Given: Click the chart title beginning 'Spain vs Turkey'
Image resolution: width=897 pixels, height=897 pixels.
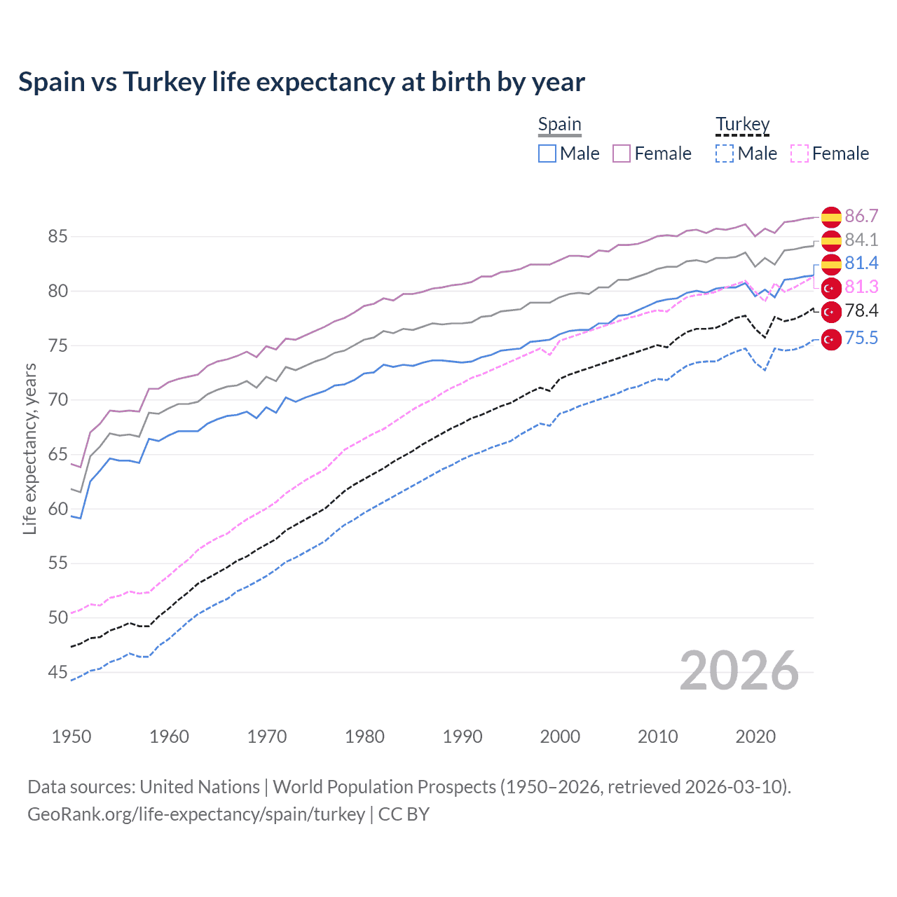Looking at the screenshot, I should pyautogui.click(x=301, y=82).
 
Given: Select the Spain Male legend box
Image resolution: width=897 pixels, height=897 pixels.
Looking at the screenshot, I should pyautogui.click(x=547, y=153).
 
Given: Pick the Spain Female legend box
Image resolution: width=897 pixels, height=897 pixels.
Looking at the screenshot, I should pyautogui.click(x=622, y=153).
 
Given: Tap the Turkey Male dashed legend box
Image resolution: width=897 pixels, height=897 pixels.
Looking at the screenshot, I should pyautogui.click(x=725, y=153).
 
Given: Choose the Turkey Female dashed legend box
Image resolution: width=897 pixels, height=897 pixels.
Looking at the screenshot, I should pyautogui.click(x=800, y=153).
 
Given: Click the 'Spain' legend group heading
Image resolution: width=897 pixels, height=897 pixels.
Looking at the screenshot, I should pyautogui.click(x=559, y=125).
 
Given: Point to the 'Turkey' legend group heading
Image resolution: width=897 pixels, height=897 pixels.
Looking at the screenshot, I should pyautogui.click(x=742, y=125).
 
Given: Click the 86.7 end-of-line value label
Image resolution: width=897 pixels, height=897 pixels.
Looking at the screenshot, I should pyautogui.click(x=861, y=216).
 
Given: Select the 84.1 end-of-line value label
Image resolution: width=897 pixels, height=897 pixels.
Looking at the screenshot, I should pyautogui.click(x=861, y=240).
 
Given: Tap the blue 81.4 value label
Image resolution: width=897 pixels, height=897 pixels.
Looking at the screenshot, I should pyautogui.click(x=861, y=263).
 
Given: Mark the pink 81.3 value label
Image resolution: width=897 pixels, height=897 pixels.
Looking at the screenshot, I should pyautogui.click(x=861, y=287).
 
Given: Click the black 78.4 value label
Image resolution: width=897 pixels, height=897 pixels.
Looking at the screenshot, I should pyautogui.click(x=861, y=310).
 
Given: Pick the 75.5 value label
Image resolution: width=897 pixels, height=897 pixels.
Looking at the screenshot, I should pyautogui.click(x=861, y=338).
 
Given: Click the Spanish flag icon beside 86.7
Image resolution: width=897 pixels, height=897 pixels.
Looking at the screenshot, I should pyautogui.click(x=831, y=217).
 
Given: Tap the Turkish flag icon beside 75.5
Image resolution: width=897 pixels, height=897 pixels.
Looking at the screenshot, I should pyautogui.click(x=831, y=339).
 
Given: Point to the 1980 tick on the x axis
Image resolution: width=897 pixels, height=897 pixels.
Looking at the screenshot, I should pyautogui.click(x=364, y=737).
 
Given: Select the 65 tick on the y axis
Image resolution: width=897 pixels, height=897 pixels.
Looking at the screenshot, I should pyautogui.click(x=58, y=454).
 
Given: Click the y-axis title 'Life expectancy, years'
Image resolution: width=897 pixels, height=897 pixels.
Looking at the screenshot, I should pyautogui.click(x=29, y=448).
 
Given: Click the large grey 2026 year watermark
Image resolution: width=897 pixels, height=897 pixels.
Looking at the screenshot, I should pyautogui.click(x=739, y=671).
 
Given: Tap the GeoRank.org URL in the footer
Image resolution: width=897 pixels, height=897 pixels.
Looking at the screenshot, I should pyautogui.click(x=196, y=814).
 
